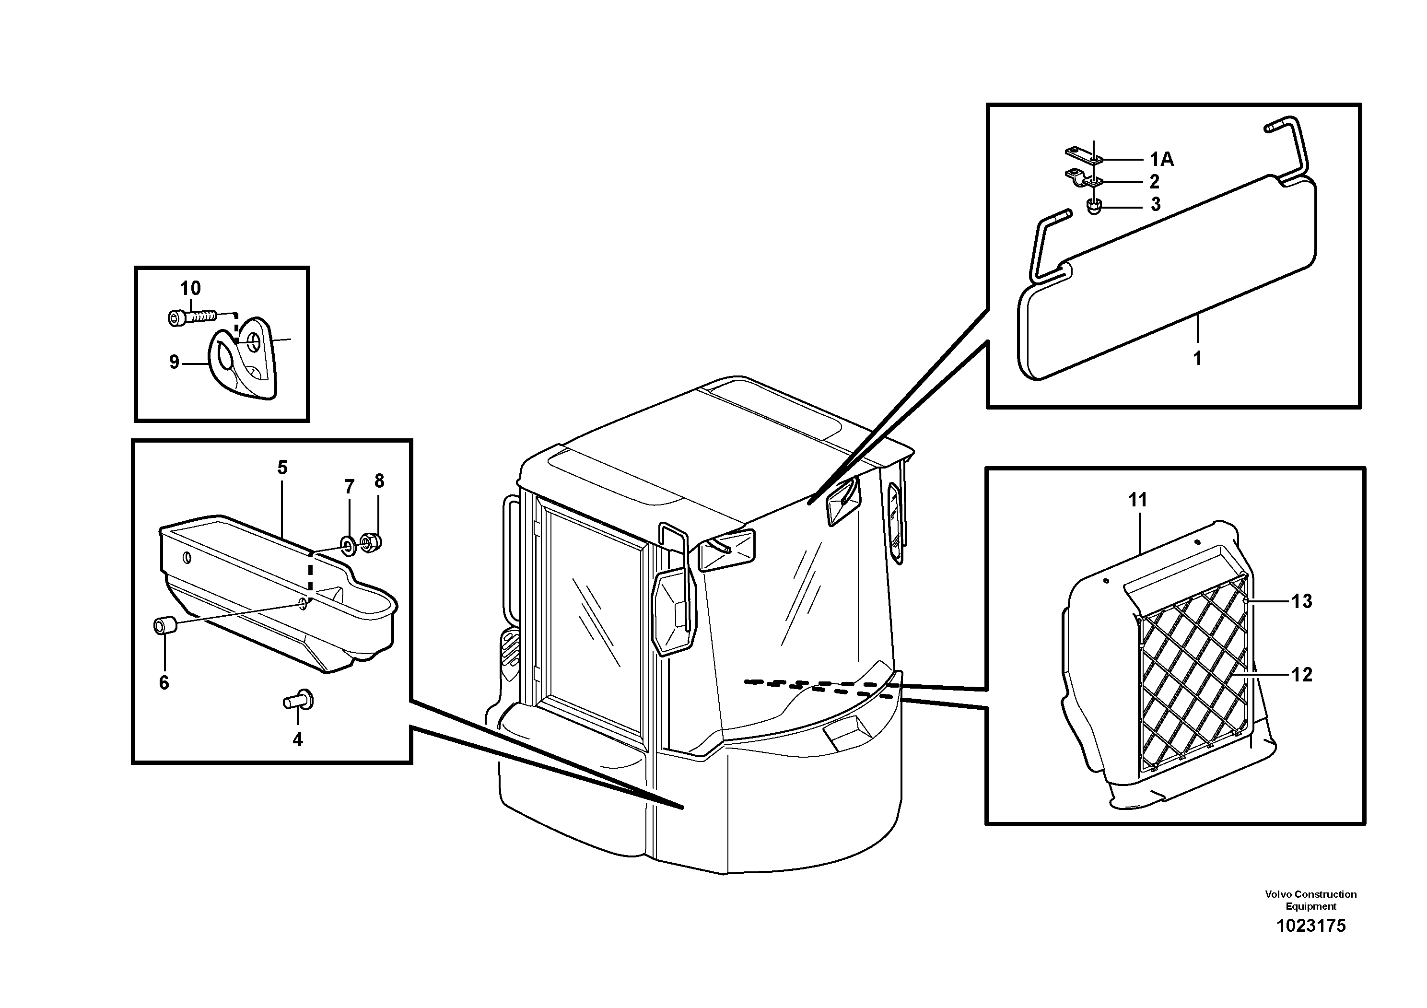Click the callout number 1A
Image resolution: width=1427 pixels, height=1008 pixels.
click(x=1160, y=160)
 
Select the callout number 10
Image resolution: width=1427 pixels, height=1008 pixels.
click(x=190, y=288)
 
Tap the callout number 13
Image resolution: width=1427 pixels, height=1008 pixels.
click(x=1301, y=601)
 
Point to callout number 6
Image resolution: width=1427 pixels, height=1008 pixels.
click(x=164, y=683)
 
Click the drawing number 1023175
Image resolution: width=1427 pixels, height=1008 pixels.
click(x=1311, y=943)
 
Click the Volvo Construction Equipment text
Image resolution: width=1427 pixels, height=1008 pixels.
click(x=1311, y=900)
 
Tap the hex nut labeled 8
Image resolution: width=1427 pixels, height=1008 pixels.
click(x=372, y=542)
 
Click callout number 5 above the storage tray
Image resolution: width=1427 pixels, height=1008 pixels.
click(x=282, y=468)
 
